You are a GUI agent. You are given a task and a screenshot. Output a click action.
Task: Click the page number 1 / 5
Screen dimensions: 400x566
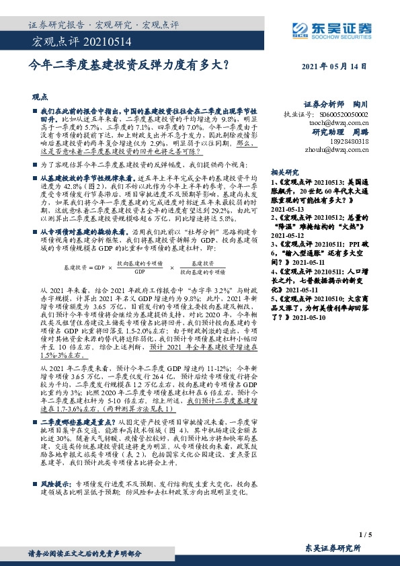pyautogui.click(x=366, y=534)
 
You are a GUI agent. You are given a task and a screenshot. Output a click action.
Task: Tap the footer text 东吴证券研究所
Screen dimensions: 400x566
pyautogui.click(x=333, y=549)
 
